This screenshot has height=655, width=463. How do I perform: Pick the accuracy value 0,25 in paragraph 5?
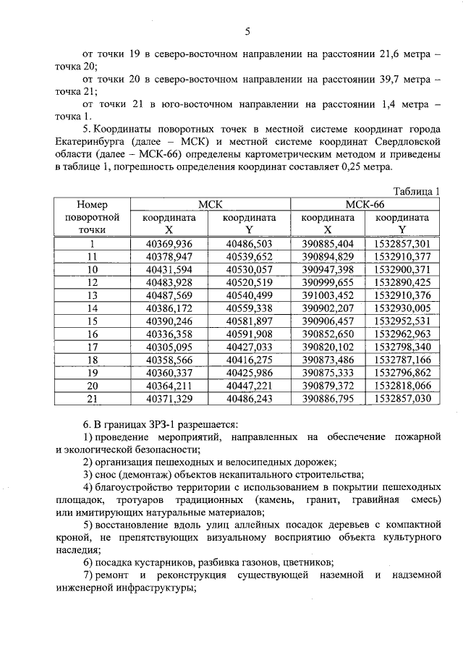[x=339, y=167]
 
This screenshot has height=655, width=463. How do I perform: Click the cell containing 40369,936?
[x=169, y=243]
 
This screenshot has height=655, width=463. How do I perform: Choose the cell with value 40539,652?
[x=249, y=256]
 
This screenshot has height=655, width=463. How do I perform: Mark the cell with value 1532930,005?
[x=402, y=308]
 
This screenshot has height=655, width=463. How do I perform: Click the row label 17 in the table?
[x=92, y=347]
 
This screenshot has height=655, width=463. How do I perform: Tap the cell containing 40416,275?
[x=249, y=360]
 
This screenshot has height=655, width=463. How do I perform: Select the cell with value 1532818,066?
[x=402, y=386]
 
